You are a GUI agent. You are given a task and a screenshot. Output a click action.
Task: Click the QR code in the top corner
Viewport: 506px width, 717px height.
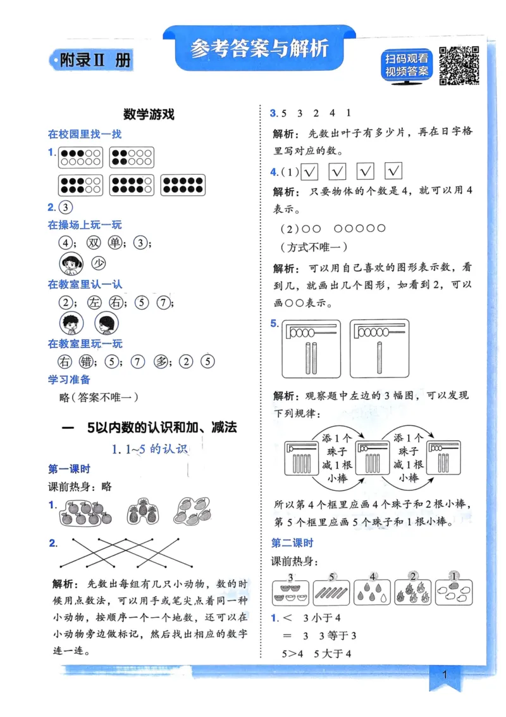(459, 65)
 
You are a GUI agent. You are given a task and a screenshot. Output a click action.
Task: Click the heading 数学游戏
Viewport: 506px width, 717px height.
(149, 115)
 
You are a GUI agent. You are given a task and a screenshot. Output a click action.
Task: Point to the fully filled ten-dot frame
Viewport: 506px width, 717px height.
(182, 185)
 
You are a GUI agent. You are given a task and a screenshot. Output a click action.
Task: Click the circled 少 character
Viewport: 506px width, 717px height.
(98, 263)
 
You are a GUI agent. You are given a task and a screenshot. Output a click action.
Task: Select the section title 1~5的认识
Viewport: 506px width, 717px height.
(150, 450)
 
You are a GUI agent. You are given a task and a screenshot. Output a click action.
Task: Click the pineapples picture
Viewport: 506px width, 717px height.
(142, 511)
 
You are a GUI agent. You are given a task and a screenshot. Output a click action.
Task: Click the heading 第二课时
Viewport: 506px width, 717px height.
(292, 543)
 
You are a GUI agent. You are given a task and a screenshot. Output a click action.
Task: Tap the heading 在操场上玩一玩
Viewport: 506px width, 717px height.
(85, 225)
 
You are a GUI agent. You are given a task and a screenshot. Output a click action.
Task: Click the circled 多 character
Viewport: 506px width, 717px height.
(161, 362)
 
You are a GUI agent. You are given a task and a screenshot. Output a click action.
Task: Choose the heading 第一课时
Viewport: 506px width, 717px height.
(69, 469)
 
